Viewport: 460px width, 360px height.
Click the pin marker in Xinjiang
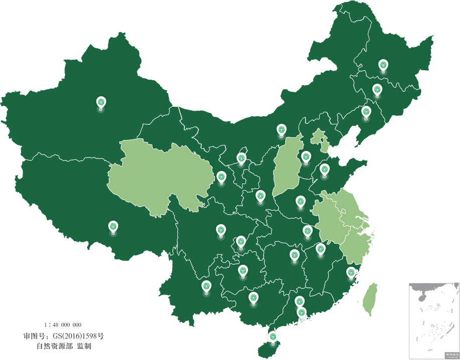tap(101, 103)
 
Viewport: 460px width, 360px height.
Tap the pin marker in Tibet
tap(113, 227)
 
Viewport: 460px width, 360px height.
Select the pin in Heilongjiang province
tap(383, 65)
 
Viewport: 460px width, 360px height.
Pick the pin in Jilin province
tap(377, 90)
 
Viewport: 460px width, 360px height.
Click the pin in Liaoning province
tap(366, 112)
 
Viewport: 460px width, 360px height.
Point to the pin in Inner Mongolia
tap(282, 130)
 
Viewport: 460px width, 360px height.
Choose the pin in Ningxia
tap(242, 159)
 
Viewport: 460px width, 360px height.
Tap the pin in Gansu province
tap(221, 177)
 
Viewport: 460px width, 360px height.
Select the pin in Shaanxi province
tap(260, 196)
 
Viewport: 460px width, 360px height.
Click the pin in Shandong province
tap(325, 169)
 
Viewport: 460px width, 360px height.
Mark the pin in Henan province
tap(301, 202)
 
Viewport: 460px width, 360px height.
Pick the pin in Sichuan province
tap(221, 230)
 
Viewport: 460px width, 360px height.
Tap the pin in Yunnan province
tap(206, 287)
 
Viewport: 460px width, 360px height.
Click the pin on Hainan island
tap(273, 337)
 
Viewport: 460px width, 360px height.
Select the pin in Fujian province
tap(351, 273)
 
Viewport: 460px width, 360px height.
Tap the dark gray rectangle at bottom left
tap(64, 335)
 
